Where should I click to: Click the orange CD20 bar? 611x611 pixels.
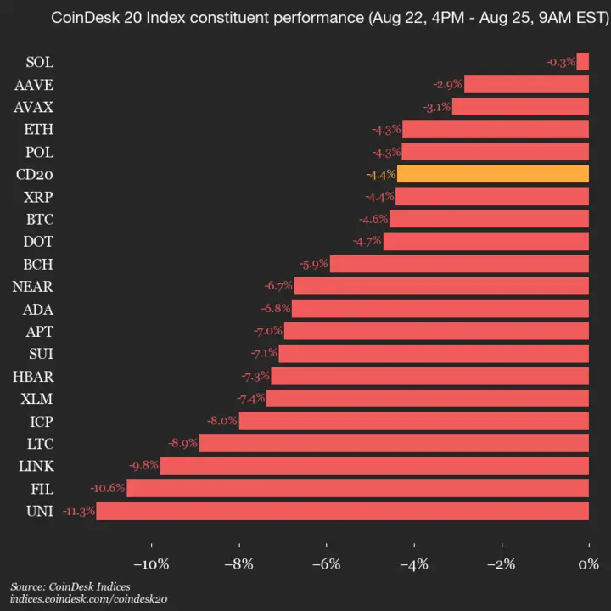coord(492,174)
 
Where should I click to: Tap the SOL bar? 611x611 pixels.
coord(583,62)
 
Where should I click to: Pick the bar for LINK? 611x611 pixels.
coord(374,466)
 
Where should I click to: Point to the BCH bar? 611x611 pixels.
coord(459,264)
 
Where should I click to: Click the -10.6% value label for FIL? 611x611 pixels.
coord(108,488)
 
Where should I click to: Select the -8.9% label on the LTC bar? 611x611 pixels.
coord(182,443)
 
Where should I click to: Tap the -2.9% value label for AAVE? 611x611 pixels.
coord(447,84)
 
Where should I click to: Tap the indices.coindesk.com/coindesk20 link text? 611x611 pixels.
coord(88,599)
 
